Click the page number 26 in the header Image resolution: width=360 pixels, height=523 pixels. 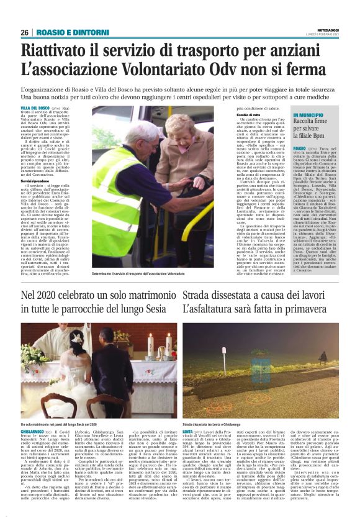tap(24, 32)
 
